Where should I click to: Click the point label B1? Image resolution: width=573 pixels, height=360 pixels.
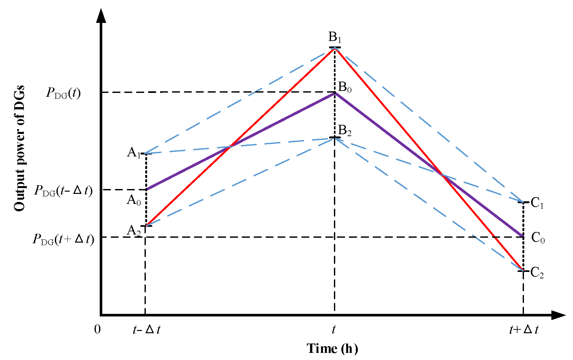point(335,37)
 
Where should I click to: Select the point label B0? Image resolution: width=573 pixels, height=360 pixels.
point(345,87)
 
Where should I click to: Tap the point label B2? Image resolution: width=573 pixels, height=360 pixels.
point(345,131)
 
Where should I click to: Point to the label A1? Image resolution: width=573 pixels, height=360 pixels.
point(134,153)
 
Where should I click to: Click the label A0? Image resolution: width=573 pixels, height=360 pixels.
point(134,200)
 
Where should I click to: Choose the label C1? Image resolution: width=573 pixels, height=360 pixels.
point(537,203)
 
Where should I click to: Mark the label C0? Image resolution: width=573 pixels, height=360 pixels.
point(538,238)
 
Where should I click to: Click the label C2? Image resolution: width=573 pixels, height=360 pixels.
point(537,273)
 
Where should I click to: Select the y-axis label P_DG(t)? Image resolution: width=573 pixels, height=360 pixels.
point(63,93)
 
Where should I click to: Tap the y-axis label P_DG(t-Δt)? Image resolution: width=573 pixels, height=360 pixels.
point(63,191)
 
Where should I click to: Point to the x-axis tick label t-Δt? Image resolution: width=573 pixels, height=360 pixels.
point(146,330)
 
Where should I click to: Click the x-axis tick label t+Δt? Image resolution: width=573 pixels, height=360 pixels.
point(524,330)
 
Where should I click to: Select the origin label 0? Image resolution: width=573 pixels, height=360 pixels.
point(97,330)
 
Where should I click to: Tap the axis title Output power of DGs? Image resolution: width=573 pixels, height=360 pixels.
point(19,148)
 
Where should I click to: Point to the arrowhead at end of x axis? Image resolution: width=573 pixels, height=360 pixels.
point(558,315)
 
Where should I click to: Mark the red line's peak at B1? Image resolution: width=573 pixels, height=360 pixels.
point(335,48)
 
